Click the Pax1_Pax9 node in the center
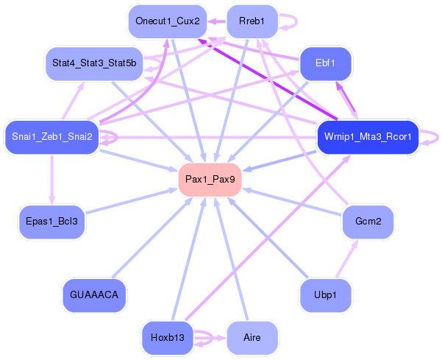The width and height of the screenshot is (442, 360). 210,180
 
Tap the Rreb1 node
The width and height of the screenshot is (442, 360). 252,21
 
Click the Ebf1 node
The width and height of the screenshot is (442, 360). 325,63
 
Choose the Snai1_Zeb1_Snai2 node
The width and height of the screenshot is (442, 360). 51,137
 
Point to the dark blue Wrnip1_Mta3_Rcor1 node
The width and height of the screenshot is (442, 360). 368,137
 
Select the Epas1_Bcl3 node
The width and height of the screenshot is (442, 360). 51,221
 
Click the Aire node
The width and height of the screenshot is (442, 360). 252,338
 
